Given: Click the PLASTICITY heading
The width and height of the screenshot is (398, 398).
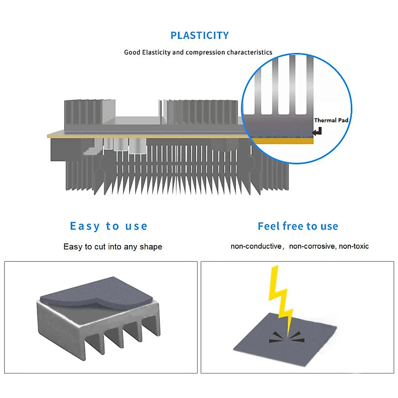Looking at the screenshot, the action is coord(199,35).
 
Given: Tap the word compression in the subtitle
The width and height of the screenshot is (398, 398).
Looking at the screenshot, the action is coord(205,52).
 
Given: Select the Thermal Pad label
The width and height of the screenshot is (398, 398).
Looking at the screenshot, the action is coord(331,120).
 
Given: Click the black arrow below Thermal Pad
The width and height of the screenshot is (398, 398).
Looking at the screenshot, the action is coord(317,131).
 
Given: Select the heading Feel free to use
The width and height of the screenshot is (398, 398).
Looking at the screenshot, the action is coord(298,226).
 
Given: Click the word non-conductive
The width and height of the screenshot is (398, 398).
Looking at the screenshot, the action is coord(256,246).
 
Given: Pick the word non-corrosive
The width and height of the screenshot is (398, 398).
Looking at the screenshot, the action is coord(313,246).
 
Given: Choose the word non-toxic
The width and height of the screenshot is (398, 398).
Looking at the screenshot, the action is coord(354,246).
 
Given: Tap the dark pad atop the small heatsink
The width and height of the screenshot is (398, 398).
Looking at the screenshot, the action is coord(97,292).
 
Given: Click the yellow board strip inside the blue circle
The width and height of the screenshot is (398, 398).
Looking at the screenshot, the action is coord(283,141).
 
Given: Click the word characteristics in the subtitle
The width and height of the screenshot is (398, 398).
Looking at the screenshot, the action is coord(249,52).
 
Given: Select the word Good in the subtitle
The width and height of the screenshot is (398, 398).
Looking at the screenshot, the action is coord(132,52).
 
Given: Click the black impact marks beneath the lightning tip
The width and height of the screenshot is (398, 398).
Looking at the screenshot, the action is coord(287,338).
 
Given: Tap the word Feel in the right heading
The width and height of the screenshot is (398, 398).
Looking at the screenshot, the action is coord(269,226).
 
